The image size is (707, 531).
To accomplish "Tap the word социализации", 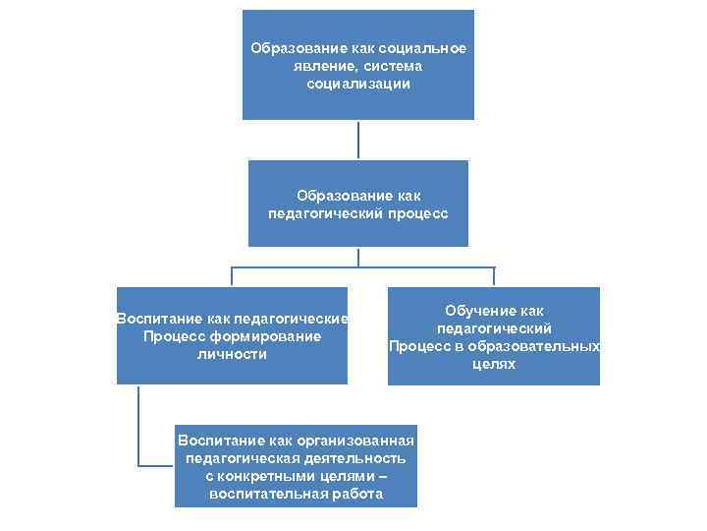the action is pos(357,85).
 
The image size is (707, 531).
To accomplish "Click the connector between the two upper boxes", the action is pos(358,140).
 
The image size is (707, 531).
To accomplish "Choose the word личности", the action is pos(232,354).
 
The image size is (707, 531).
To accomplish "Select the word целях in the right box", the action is pos(494,364).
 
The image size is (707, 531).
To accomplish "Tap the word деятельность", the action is pos(356,458).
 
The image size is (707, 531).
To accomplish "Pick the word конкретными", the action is pos(278,476).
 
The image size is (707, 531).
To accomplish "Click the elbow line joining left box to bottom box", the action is pos(139,463).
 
